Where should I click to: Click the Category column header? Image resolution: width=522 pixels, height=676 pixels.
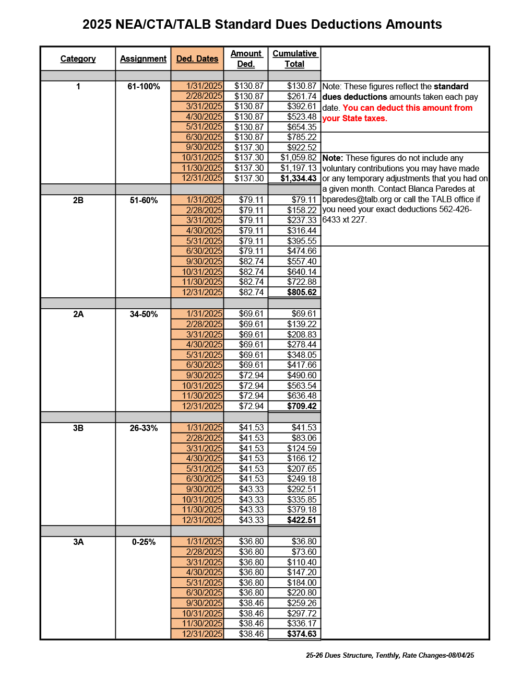[x=78, y=59]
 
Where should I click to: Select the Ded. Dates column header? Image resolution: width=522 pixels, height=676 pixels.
[x=197, y=59]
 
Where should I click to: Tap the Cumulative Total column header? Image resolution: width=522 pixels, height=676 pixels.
[x=294, y=59]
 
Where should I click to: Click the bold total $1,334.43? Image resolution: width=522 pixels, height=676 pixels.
[x=298, y=178]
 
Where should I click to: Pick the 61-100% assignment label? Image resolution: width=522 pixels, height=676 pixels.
[x=144, y=86]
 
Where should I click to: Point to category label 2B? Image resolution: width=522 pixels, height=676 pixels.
[x=78, y=200]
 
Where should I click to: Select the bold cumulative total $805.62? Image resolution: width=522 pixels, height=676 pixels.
[x=302, y=292]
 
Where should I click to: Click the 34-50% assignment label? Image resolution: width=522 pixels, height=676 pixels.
[x=144, y=314]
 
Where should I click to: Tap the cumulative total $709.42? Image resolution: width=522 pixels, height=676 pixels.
[x=302, y=406]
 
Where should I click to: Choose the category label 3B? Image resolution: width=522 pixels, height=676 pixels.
[x=78, y=428]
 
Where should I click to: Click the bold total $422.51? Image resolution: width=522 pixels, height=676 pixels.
[x=302, y=520]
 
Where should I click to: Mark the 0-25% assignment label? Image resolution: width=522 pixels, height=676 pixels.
[x=144, y=542]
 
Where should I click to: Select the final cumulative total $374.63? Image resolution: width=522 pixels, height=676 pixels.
[x=302, y=634]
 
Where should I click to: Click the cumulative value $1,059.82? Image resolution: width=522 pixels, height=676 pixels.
[x=298, y=157]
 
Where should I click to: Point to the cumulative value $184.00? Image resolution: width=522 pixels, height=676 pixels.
[x=302, y=582]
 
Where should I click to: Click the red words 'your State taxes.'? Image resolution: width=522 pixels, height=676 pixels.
[x=354, y=118]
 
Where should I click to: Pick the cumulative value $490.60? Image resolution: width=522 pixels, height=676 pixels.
[x=302, y=375]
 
